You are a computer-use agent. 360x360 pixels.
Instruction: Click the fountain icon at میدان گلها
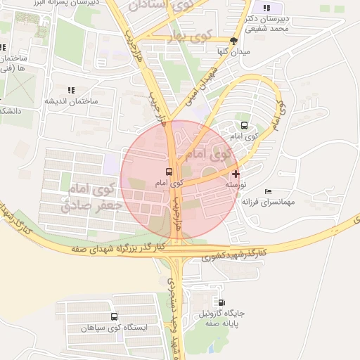[x=234, y=41]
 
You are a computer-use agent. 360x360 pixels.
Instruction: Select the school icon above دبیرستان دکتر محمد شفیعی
[x=266, y=8]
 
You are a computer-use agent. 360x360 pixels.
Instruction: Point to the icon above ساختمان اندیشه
[x=70, y=90]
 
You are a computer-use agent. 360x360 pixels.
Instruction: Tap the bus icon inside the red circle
[x=169, y=172]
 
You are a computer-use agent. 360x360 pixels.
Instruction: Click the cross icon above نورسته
[x=235, y=173]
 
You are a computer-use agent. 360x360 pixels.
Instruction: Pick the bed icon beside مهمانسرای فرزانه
[x=268, y=191]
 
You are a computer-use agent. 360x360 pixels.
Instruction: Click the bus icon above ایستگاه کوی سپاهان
[x=115, y=318]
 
